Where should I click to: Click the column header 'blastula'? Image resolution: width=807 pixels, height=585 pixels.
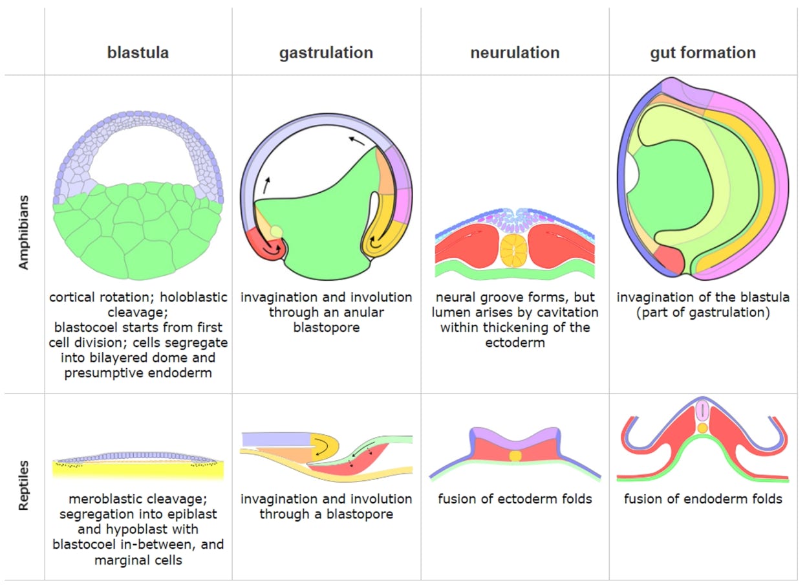[x=138, y=53]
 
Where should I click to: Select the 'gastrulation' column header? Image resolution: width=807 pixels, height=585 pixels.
[x=326, y=53]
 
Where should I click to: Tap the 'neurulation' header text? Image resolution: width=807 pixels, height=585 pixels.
[x=515, y=53]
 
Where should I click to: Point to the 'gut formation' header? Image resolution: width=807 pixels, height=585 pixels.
[x=703, y=53]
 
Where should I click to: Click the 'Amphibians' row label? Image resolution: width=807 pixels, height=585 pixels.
[x=24, y=234]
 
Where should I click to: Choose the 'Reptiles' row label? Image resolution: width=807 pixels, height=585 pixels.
[x=24, y=485]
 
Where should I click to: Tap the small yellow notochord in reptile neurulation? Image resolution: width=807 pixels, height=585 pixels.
[x=515, y=456]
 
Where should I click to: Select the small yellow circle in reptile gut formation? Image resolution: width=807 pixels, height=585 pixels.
[x=702, y=428]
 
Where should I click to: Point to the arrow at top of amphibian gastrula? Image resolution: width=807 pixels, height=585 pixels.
[x=354, y=140]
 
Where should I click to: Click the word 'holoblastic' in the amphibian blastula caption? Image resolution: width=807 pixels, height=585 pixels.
[x=193, y=298]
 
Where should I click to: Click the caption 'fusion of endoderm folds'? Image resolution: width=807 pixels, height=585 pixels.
[x=703, y=499]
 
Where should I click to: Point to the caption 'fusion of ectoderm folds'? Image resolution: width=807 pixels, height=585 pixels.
[x=515, y=499]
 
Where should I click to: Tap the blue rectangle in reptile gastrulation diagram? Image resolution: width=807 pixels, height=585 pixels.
[x=276, y=439]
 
